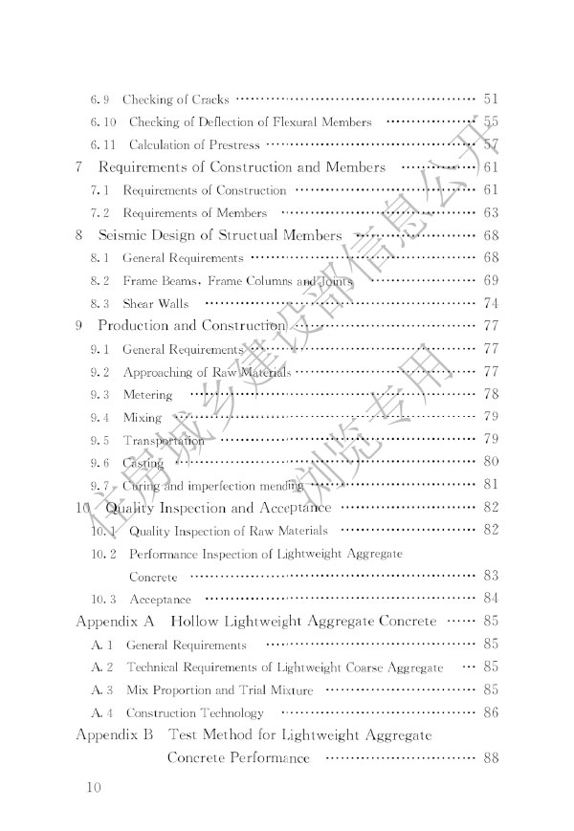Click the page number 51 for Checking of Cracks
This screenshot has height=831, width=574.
(492, 98)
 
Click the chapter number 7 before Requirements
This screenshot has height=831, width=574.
(78, 167)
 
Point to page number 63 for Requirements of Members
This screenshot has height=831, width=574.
(492, 212)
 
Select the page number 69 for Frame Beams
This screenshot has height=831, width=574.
(492, 281)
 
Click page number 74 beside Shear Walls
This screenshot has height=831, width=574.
(492, 303)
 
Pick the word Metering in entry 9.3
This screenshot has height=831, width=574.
(147, 395)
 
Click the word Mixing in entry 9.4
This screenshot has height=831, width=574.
(142, 418)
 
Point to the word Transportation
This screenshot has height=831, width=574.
(164, 441)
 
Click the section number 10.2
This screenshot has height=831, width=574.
(104, 554)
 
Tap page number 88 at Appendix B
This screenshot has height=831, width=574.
(492, 758)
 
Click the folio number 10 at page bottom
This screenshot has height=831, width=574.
(92, 788)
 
